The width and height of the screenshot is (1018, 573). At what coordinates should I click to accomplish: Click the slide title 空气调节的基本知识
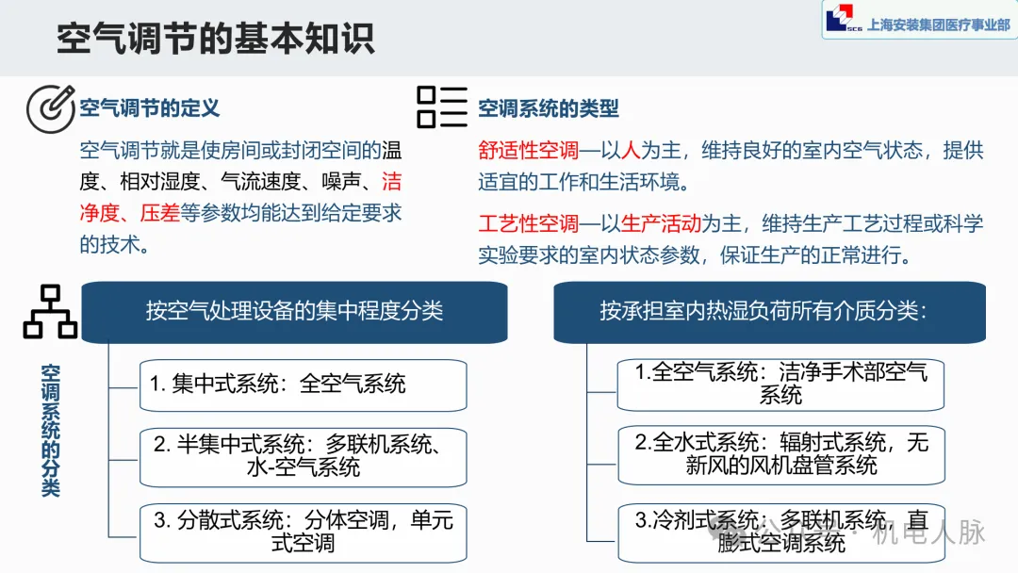click(x=215, y=40)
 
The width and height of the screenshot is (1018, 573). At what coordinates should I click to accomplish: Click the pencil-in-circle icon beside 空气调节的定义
click(x=50, y=108)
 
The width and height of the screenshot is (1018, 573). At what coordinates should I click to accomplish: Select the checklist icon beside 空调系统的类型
click(x=442, y=107)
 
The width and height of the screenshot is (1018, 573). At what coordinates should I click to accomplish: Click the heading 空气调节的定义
click(x=150, y=107)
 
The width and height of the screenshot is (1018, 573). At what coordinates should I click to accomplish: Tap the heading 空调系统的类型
click(x=549, y=108)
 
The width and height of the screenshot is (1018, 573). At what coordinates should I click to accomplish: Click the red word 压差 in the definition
click(x=159, y=212)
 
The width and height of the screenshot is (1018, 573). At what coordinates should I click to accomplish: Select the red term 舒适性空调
click(x=528, y=150)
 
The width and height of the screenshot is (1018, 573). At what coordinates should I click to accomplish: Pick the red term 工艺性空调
click(x=528, y=223)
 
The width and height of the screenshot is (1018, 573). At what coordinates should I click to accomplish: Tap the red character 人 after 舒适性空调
click(x=629, y=150)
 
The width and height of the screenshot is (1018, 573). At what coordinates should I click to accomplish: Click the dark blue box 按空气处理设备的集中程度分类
click(x=294, y=312)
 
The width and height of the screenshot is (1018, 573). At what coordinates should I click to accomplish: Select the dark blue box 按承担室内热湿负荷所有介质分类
click(x=763, y=312)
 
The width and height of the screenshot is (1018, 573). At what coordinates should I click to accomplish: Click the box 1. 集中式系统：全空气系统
click(x=303, y=385)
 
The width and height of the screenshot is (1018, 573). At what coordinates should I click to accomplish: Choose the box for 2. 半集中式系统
click(x=303, y=456)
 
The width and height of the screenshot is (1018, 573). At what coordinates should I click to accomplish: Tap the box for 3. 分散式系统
click(x=303, y=531)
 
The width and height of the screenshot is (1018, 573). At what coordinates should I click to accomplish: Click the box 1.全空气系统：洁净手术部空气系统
click(x=780, y=384)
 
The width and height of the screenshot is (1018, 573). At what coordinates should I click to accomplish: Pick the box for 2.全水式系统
click(x=780, y=453)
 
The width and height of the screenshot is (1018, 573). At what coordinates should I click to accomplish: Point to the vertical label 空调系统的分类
click(x=50, y=429)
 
